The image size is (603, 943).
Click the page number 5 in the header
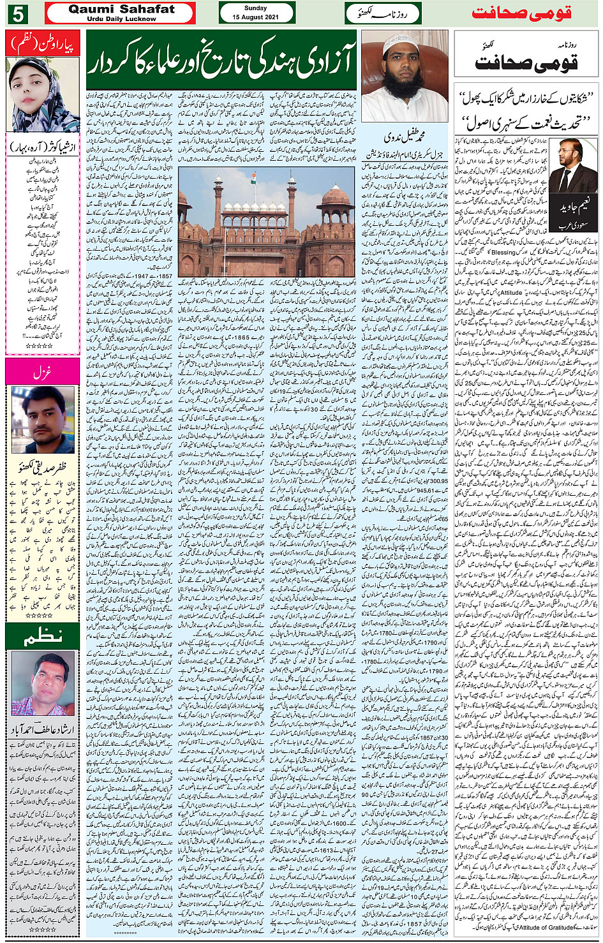(x=19, y=13)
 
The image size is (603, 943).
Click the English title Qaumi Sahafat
(x=121, y=9)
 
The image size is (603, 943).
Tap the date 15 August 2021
(x=257, y=17)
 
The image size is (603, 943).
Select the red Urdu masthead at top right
(x=522, y=13)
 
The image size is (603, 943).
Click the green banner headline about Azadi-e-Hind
(x=221, y=62)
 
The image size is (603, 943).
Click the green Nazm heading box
(x=42, y=635)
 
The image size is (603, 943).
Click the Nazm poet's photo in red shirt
(x=43, y=684)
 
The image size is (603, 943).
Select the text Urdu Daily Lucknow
(x=121, y=19)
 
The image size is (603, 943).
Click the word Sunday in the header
(x=256, y=8)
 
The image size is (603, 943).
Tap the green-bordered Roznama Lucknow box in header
(x=382, y=13)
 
